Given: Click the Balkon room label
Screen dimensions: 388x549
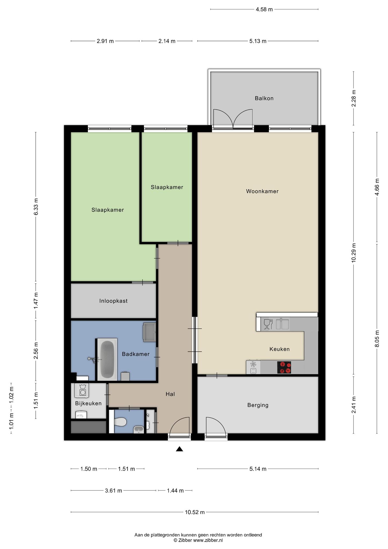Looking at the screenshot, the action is (264, 98).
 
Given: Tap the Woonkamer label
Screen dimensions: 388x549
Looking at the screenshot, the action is (262, 191).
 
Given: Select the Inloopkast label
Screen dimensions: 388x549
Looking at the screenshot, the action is (113, 301).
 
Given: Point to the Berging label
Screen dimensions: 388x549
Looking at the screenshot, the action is (258, 405).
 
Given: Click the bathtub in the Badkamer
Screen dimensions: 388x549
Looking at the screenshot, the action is (107, 359).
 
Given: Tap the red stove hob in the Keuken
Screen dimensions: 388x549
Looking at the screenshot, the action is (284, 368).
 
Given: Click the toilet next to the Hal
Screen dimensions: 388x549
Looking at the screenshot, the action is (120, 423).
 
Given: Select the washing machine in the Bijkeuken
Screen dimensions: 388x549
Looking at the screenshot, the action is (82, 391).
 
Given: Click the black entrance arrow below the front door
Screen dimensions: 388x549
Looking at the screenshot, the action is (179, 449).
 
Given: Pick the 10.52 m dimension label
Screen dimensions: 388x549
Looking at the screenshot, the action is (195, 512).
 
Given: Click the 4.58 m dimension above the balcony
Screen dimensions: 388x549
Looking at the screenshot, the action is (264, 9).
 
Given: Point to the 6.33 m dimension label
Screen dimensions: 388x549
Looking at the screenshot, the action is (36, 206).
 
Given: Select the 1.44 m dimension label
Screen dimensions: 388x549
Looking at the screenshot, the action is (175, 491).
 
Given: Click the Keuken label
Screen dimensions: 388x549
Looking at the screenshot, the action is (279, 349).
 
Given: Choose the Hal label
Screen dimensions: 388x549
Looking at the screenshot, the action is (170, 394).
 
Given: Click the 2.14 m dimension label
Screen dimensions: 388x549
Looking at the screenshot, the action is (167, 41).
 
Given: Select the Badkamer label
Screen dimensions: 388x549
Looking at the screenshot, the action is (136, 354).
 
